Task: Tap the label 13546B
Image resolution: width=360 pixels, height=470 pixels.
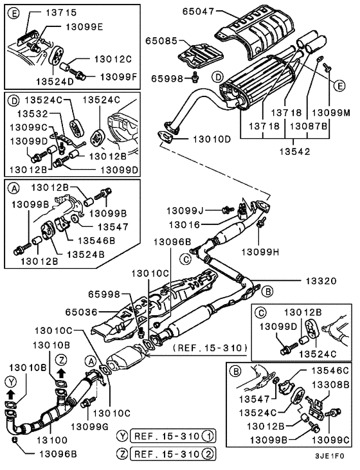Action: [96, 239]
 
